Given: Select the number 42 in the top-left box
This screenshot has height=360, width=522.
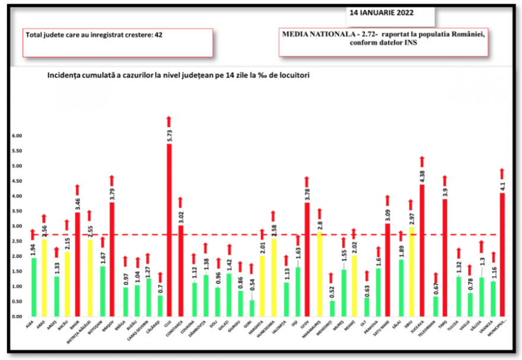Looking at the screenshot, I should tap(158, 35).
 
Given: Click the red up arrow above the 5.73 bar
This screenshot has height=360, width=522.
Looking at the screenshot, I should tap(169, 121).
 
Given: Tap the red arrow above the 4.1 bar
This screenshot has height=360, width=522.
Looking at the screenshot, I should tap(502, 174).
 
